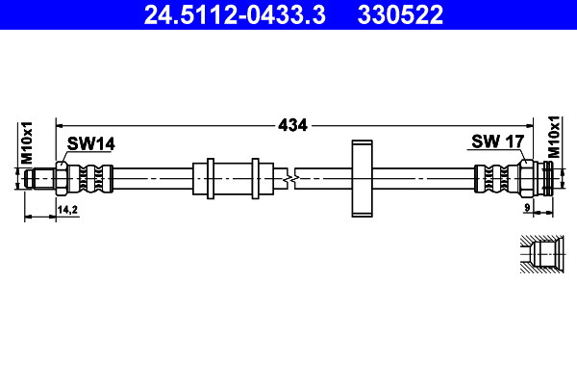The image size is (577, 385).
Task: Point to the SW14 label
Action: (x=91, y=144)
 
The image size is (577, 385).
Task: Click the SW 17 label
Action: (x=496, y=141)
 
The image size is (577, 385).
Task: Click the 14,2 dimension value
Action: (x=67, y=209)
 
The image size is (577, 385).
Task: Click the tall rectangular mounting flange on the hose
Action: (x=361, y=179)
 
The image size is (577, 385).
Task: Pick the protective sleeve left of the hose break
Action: (x=231, y=179)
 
